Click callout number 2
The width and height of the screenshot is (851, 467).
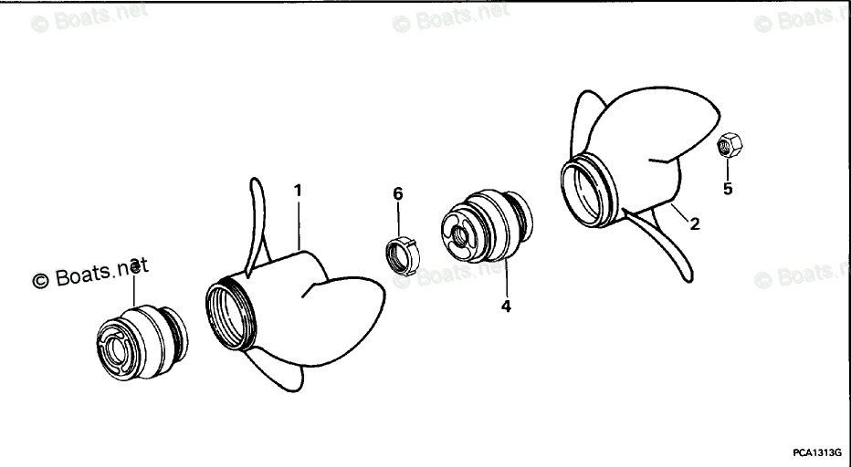tap(695, 223)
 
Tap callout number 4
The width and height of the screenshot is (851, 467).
tap(505, 306)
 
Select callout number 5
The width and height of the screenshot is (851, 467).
tap(728, 189)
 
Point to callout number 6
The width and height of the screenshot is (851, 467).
tap(397, 193)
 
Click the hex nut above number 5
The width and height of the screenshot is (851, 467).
tap(729, 145)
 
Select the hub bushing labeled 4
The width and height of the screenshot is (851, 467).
tap(484, 227)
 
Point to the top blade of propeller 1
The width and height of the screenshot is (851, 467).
tap(257, 219)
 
